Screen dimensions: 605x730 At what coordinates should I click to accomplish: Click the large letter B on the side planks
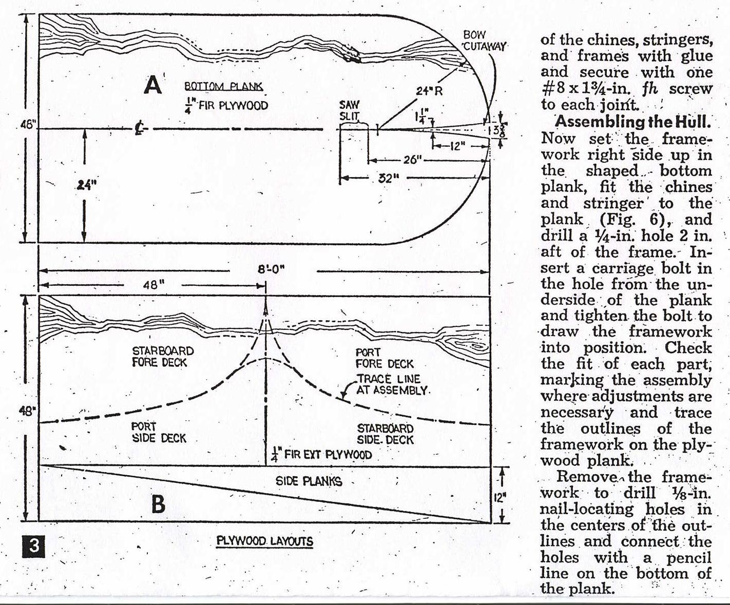tap(158, 504)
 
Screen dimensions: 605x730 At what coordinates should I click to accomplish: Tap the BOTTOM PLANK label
tap(223, 87)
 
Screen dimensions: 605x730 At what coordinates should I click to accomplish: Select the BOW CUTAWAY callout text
tap(483, 41)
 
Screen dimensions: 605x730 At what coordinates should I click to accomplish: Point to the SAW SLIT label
tap(350, 110)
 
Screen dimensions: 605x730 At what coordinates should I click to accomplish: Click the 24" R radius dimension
tap(429, 92)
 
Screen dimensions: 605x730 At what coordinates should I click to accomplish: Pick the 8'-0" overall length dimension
tap(271, 269)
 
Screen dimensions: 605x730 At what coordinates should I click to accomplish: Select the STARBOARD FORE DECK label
tap(162, 357)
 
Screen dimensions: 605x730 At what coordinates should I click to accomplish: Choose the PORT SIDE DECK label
tap(159, 432)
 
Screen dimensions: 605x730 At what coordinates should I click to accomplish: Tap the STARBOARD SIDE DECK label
tap(385, 434)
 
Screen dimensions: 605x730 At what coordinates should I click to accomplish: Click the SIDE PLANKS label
tap(309, 481)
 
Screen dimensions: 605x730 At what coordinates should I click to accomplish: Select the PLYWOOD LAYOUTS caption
tap(264, 541)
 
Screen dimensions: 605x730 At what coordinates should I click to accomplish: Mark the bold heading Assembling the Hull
tap(633, 122)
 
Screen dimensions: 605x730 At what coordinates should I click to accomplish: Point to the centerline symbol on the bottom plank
tap(139, 128)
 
